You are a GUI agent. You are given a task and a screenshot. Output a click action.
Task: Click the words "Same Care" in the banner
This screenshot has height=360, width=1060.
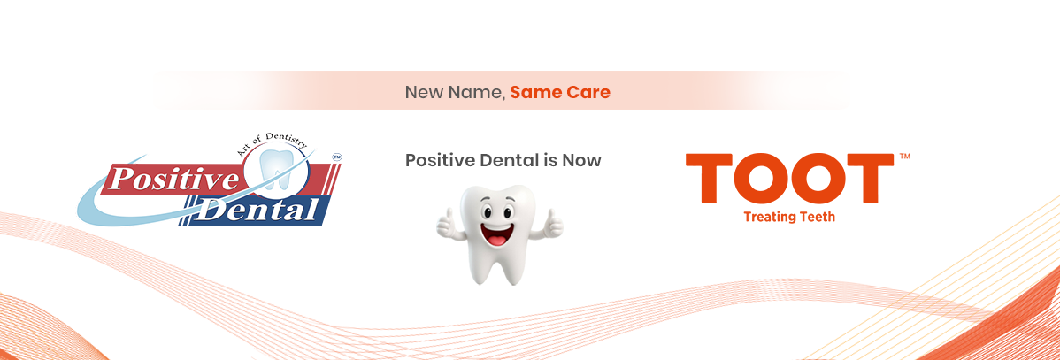coord(560,92)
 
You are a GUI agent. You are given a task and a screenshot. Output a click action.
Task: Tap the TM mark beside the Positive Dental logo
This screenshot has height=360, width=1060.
coord(337,157)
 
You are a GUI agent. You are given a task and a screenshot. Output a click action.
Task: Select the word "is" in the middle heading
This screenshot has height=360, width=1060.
coord(549,160)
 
